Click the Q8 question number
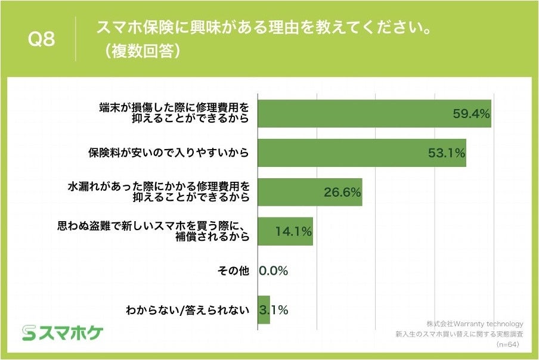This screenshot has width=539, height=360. pos(42,40)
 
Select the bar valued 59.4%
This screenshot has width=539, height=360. pos(374,113)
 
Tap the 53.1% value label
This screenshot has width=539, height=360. pos(446,153)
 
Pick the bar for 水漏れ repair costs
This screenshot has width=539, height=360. pos(309,192)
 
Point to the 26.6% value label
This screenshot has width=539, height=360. pos(342,193)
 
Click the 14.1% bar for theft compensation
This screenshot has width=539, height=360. pos(284,232)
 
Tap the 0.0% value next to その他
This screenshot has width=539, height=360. pos(274,271)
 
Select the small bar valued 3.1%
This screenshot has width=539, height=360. pos(264,310)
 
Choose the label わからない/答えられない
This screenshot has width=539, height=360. pos(186,310)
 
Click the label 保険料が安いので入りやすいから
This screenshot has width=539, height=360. pos(168,153)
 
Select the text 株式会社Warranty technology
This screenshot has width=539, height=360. pos(474,324)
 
